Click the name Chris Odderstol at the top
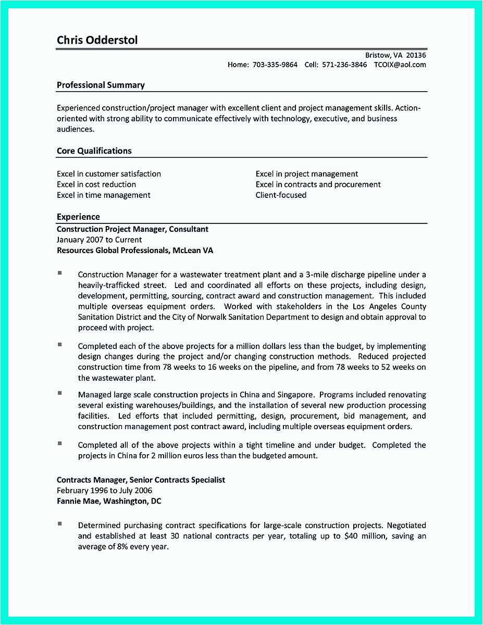point(97,40)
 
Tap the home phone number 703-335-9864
point(275,65)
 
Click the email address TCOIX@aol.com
point(400,65)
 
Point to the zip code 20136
point(416,55)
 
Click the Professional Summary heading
point(101,85)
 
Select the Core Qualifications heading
point(94,151)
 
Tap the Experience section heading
point(78,217)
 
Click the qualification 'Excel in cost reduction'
point(96,184)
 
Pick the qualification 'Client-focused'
point(281,195)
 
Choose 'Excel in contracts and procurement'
point(318,184)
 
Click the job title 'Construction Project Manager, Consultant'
point(132,229)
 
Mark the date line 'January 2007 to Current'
point(99,240)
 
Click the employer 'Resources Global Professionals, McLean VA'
point(134,251)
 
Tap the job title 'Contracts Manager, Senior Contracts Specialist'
point(141,480)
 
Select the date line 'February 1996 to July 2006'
point(104,491)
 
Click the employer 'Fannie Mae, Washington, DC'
point(109,501)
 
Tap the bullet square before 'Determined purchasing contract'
point(60,523)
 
